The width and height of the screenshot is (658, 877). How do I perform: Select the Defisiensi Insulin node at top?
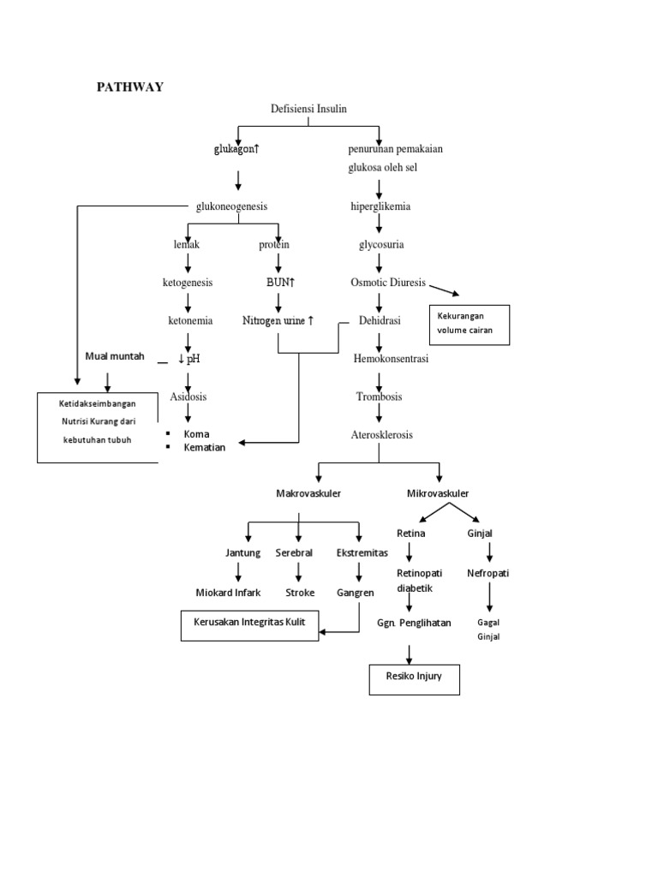coord(308,108)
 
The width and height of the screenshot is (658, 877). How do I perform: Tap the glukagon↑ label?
coord(236,149)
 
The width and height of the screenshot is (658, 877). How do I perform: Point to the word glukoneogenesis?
coord(232,206)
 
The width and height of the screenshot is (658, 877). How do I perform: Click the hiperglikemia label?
coord(380,206)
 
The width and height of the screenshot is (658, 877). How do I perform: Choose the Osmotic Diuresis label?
coord(387,282)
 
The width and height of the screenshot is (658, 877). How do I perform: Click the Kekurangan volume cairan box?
coord(469,325)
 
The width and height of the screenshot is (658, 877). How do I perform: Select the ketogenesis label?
coord(188,282)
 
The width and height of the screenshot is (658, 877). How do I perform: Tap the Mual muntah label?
coord(115,355)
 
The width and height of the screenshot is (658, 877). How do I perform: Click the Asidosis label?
coord(188,397)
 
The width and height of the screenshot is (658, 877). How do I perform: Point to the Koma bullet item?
coord(196,433)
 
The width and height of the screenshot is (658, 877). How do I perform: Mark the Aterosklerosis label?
coord(381,434)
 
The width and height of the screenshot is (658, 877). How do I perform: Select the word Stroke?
coord(300,592)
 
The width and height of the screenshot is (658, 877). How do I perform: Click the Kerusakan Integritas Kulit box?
coord(249,625)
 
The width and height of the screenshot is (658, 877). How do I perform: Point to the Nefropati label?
coord(488,573)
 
